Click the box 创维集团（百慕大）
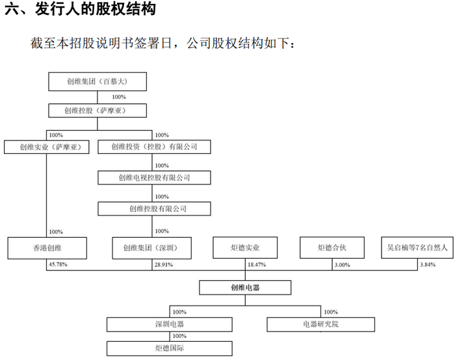pyautogui.click(x=97, y=82)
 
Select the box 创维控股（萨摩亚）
pyautogui.click(x=97, y=110)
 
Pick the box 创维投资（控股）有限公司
pyautogui.click(x=154, y=147)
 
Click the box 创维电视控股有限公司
pyautogui.click(x=154, y=177)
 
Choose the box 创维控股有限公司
pyautogui.click(x=154, y=209)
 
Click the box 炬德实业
pyautogui.click(x=246, y=248)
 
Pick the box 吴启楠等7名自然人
pyautogui.click(x=416, y=248)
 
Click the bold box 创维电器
pyautogui.click(x=246, y=287)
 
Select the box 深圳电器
pyautogui.click(x=171, y=324)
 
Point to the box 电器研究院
pyautogui.click(x=320, y=324)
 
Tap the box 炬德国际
pyautogui.click(x=171, y=348)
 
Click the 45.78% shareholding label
pyautogui.click(x=58, y=265)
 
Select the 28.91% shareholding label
pyautogui.click(x=164, y=265)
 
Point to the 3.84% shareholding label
pyautogui.click(x=426, y=265)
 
